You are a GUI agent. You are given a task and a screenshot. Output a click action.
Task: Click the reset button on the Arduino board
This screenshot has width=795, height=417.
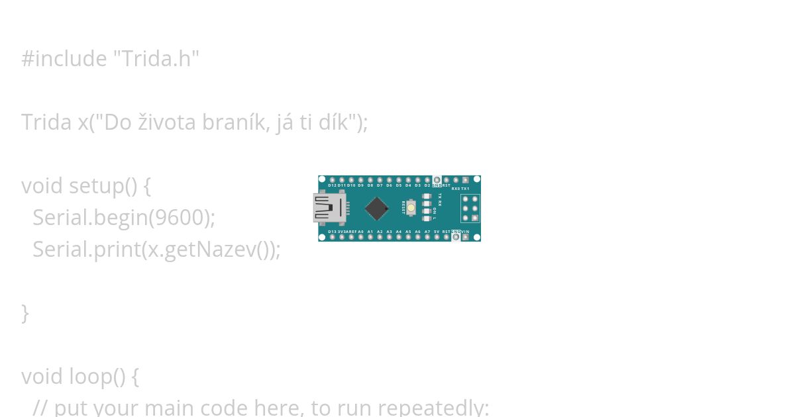click(x=411, y=208)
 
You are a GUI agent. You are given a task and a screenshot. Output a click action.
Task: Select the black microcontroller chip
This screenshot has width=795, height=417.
click(x=376, y=208)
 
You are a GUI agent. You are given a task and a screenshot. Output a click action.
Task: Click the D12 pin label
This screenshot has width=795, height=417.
click(x=332, y=186)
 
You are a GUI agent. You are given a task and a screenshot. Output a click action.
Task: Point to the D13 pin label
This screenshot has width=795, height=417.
click(x=332, y=232)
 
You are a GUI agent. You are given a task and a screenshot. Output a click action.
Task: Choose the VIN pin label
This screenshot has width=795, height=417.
click(x=465, y=232)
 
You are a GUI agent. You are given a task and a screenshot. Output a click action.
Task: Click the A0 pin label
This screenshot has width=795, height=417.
click(x=361, y=232)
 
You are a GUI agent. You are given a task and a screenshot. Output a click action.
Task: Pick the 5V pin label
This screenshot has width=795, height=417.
click(x=436, y=232)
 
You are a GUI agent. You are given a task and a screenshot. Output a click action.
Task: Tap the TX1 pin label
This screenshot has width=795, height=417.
click(x=465, y=188)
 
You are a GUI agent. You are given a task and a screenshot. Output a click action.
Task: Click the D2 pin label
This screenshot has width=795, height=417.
click(x=427, y=186)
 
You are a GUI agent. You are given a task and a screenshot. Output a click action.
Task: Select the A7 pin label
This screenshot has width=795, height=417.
click(x=427, y=232)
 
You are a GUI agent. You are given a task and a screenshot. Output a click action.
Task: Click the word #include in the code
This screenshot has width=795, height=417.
click(x=64, y=59)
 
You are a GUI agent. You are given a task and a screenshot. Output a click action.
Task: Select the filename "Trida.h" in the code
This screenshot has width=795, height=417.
click(x=156, y=59)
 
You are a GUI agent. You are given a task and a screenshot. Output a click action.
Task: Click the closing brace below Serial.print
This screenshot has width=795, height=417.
click(x=25, y=313)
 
